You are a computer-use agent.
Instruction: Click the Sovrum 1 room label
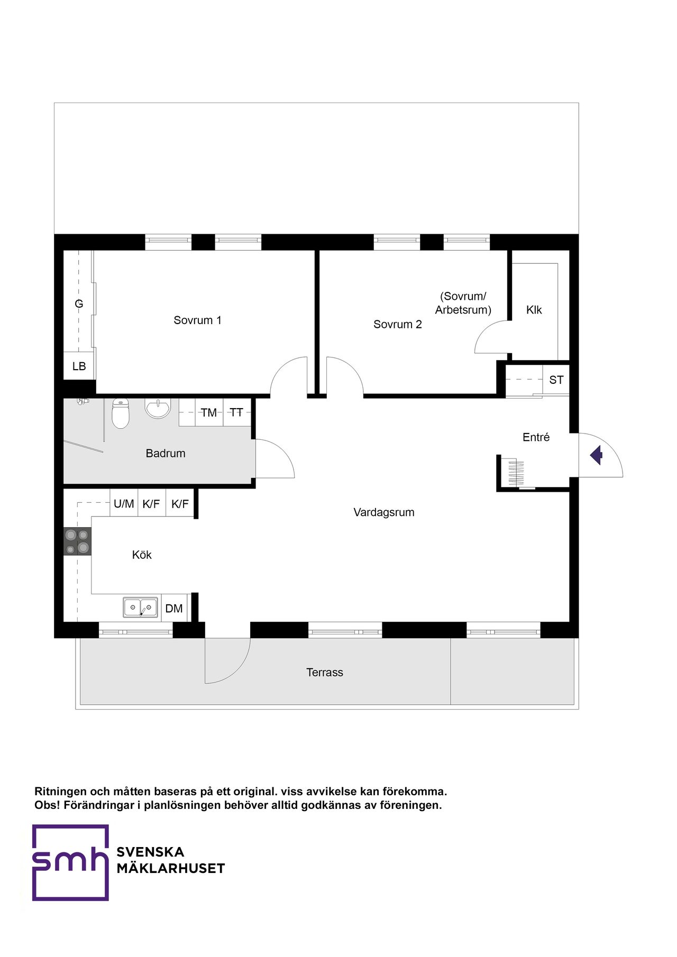[x=197, y=320]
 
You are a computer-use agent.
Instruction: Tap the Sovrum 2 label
[x=398, y=324]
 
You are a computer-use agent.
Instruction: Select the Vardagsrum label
[x=384, y=512]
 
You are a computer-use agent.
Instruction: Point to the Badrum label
[x=166, y=453]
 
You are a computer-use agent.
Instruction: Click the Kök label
[x=142, y=555]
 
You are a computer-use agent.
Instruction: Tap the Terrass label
[x=325, y=673]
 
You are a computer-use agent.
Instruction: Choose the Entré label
[x=536, y=437]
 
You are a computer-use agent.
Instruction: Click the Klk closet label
[x=534, y=310]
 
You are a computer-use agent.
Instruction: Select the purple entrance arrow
[x=597, y=455]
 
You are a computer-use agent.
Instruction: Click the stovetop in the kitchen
[x=78, y=541]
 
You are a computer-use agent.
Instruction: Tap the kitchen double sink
[x=141, y=608]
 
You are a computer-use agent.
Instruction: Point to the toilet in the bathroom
[x=121, y=413]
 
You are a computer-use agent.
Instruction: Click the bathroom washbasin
[x=158, y=408]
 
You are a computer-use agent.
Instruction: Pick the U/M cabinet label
[x=124, y=504]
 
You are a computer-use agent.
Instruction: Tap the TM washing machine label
[x=209, y=412]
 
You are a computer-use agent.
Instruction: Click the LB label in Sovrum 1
[x=79, y=366]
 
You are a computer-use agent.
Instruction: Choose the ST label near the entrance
[x=556, y=380]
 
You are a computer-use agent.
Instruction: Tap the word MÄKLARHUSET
[x=171, y=869]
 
